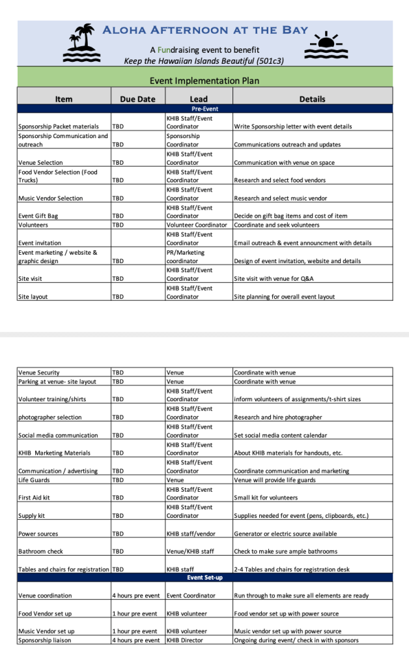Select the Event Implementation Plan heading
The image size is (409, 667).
pos(204,81)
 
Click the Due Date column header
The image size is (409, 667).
pos(137,99)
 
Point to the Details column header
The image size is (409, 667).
pos(312,99)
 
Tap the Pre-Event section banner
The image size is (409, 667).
pos(204,109)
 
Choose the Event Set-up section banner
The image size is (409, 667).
pos(204,577)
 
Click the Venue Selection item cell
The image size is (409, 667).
pos(41,162)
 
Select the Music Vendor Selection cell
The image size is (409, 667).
pos(51,198)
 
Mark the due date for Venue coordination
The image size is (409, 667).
pos(136,595)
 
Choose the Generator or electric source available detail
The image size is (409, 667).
pos(285,533)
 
